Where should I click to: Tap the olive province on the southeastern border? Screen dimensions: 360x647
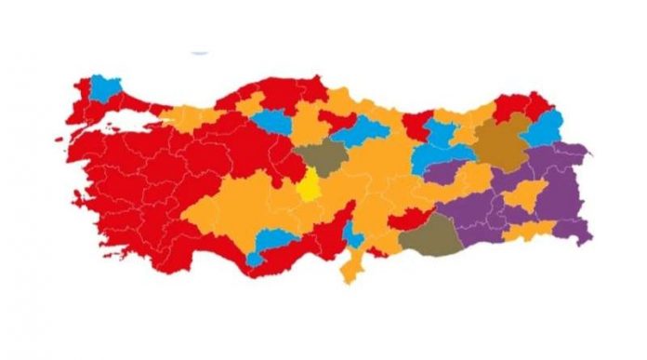click(432, 238)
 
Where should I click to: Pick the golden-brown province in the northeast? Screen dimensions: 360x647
click(503, 142)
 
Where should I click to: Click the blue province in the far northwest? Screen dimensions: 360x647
click(108, 89)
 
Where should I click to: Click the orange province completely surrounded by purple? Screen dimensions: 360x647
click(526, 194)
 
